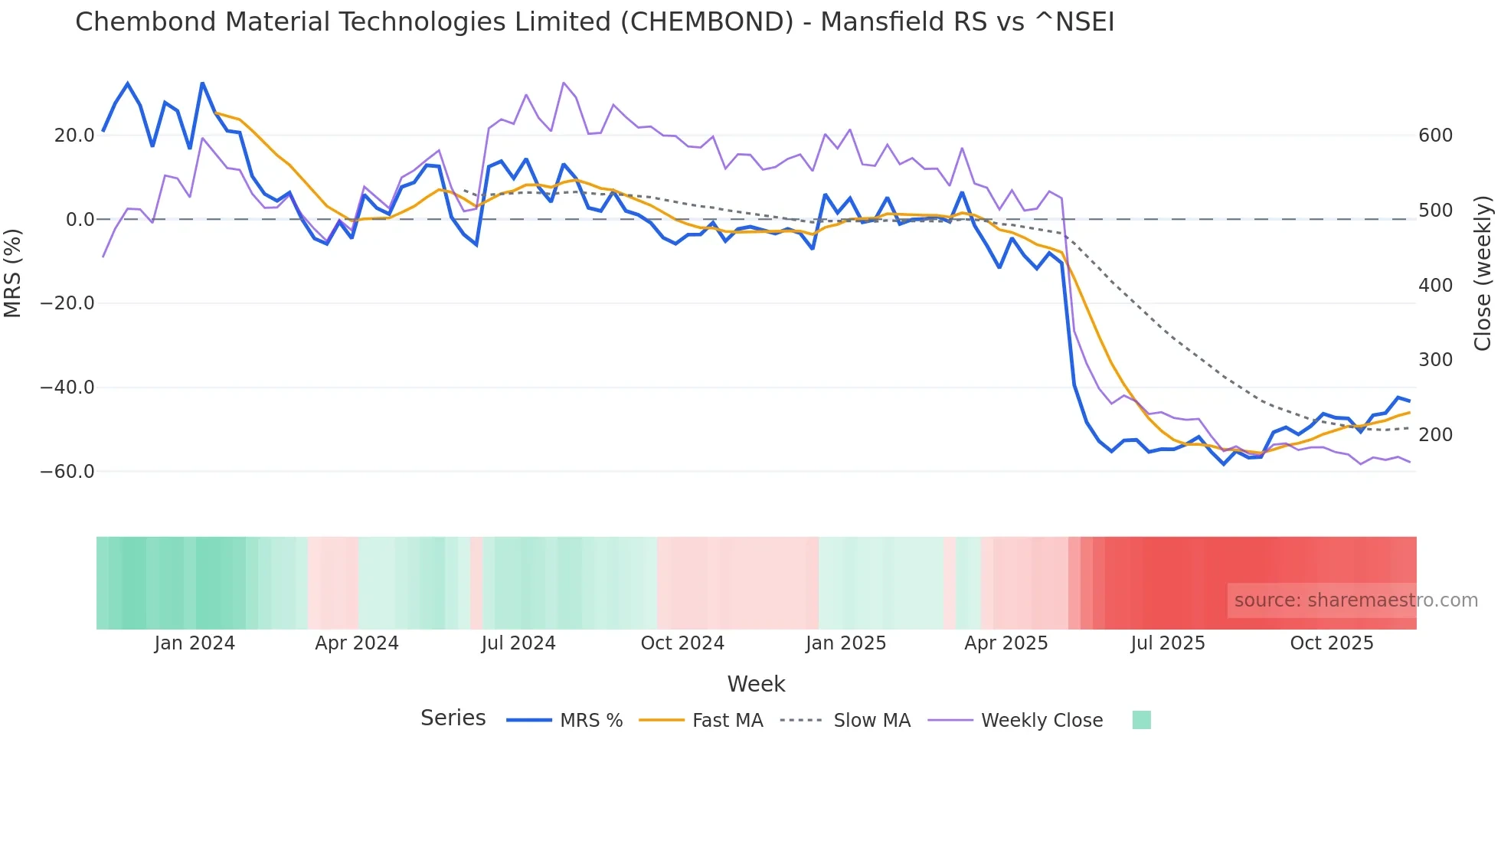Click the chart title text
click(x=594, y=22)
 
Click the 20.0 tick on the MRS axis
click(x=74, y=136)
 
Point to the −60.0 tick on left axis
click(x=67, y=472)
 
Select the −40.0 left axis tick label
click(x=67, y=388)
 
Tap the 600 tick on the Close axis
click(x=1435, y=136)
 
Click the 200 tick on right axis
click(x=1435, y=435)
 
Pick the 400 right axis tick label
click(x=1435, y=286)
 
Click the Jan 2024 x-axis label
click(x=195, y=643)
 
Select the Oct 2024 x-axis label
click(x=682, y=643)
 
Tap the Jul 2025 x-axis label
click(x=1168, y=643)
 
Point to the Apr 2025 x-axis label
click(x=1006, y=643)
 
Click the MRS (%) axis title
click(x=13, y=273)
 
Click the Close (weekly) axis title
click(x=1483, y=273)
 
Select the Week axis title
click(x=756, y=684)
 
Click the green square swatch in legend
click(x=1141, y=720)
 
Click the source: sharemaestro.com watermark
click(x=1355, y=600)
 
